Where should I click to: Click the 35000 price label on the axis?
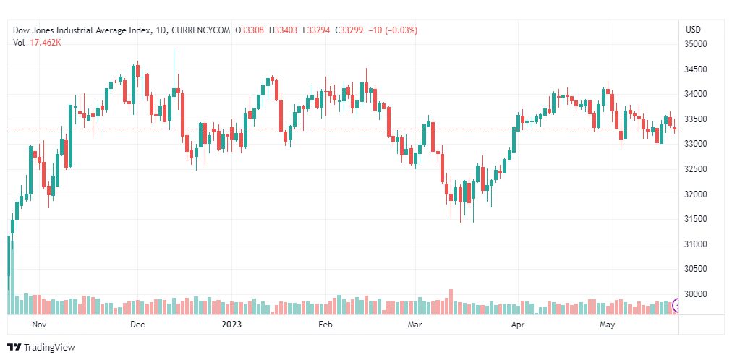[696, 44]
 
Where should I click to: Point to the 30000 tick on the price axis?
[696, 294]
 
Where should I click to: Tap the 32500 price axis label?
[696, 169]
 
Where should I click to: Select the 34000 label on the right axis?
[696, 94]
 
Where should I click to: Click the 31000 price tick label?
[696, 244]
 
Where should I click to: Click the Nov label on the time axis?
[40, 325]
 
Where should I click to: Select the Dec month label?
[137, 325]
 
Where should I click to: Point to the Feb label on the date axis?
[325, 325]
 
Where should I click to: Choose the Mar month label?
[414, 325]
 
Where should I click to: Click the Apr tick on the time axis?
[517, 325]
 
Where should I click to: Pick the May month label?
[608, 325]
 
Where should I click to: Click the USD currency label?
[693, 30]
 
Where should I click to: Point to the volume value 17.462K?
[46, 42]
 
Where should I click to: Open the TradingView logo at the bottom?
[41, 348]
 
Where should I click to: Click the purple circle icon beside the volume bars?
[678, 306]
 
